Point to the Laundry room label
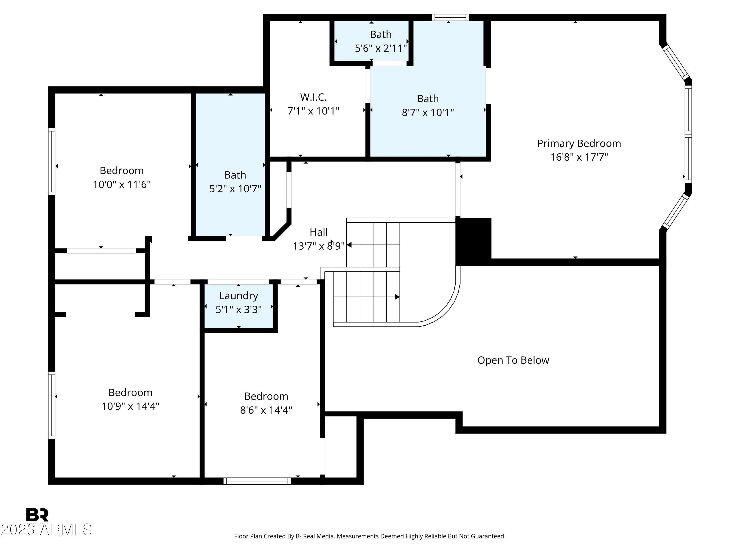(239, 296)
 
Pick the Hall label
(318, 232)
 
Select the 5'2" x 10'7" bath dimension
(235, 189)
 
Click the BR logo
(37, 515)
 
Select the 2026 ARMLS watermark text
(46, 530)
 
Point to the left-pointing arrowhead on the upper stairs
(349, 245)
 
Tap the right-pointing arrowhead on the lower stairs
(397, 297)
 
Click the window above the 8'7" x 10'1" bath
(450, 18)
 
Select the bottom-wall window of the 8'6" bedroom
(257, 481)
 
